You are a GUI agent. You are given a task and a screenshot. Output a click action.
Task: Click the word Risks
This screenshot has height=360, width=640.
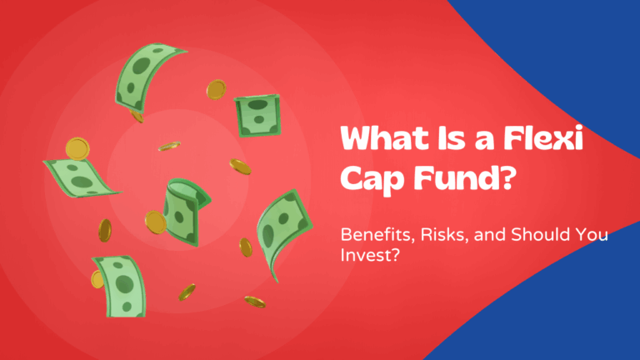(x=432, y=236)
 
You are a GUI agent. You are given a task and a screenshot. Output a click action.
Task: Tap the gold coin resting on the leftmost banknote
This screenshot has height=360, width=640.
(x=77, y=149)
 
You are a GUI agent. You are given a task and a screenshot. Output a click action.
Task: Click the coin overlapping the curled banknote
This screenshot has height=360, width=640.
(x=156, y=221)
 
